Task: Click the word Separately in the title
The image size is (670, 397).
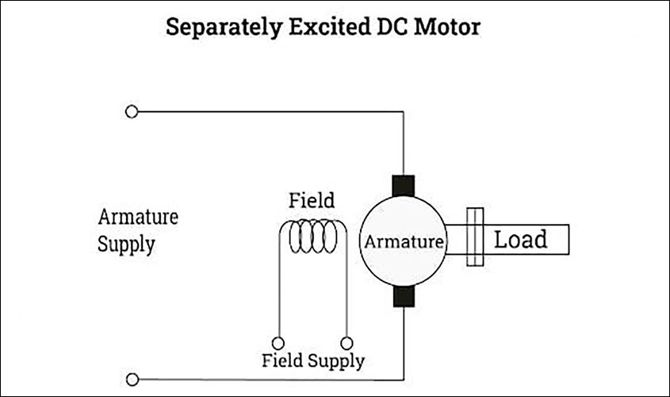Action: click(219, 27)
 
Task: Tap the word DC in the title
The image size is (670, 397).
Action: click(387, 27)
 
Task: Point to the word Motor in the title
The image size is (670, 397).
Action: click(447, 27)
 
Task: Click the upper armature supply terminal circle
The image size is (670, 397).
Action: click(132, 112)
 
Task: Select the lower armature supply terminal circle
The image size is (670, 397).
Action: click(132, 380)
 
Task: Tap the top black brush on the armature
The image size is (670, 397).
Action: click(404, 186)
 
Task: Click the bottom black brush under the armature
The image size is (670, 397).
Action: click(404, 296)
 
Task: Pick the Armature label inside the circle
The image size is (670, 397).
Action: click(403, 242)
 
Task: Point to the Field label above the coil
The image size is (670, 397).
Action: click(312, 200)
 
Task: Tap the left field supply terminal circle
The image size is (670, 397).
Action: click(278, 343)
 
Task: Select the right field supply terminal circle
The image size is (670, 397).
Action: click(346, 343)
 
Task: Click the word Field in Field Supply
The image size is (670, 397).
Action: click(281, 361)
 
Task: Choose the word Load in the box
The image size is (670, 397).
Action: click(520, 239)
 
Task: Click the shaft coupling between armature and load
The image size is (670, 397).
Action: click(474, 237)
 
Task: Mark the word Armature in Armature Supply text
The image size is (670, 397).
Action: click(138, 217)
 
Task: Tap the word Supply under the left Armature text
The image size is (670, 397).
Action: click(126, 244)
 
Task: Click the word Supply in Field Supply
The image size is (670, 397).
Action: click(335, 362)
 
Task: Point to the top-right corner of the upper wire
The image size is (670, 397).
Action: click(404, 112)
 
